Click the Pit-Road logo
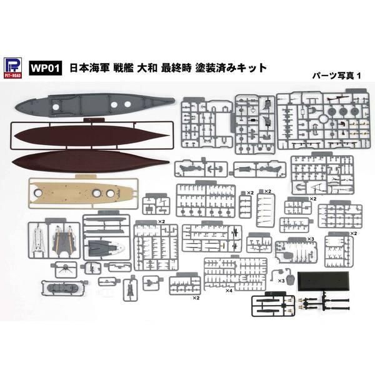tap(13, 68)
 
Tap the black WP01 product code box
tap(46, 68)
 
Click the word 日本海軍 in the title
tap(87, 68)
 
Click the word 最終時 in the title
tap(176, 68)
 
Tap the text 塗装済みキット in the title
tap(231, 68)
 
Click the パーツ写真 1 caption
tap(336, 76)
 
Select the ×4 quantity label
tap(229, 291)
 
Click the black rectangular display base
tap(323, 281)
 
